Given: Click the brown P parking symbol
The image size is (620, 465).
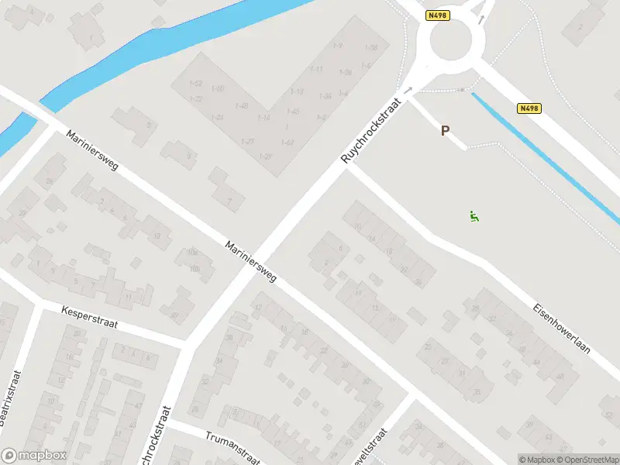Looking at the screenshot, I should coord(445,131).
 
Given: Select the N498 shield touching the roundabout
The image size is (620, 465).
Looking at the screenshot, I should coord(437,15).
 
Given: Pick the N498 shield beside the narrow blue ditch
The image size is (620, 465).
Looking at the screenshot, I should coord(529,108).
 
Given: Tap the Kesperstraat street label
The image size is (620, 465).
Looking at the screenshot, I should coord(89,315).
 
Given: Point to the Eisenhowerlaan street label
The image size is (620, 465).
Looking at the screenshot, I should coord(561,328).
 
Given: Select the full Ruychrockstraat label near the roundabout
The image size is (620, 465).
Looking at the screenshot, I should coord(374,129).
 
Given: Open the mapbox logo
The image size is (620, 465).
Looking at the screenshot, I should coord(34,456).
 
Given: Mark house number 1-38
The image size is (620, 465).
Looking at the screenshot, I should coord(370,48).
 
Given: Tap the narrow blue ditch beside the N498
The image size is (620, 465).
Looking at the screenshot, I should coord(542,156).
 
